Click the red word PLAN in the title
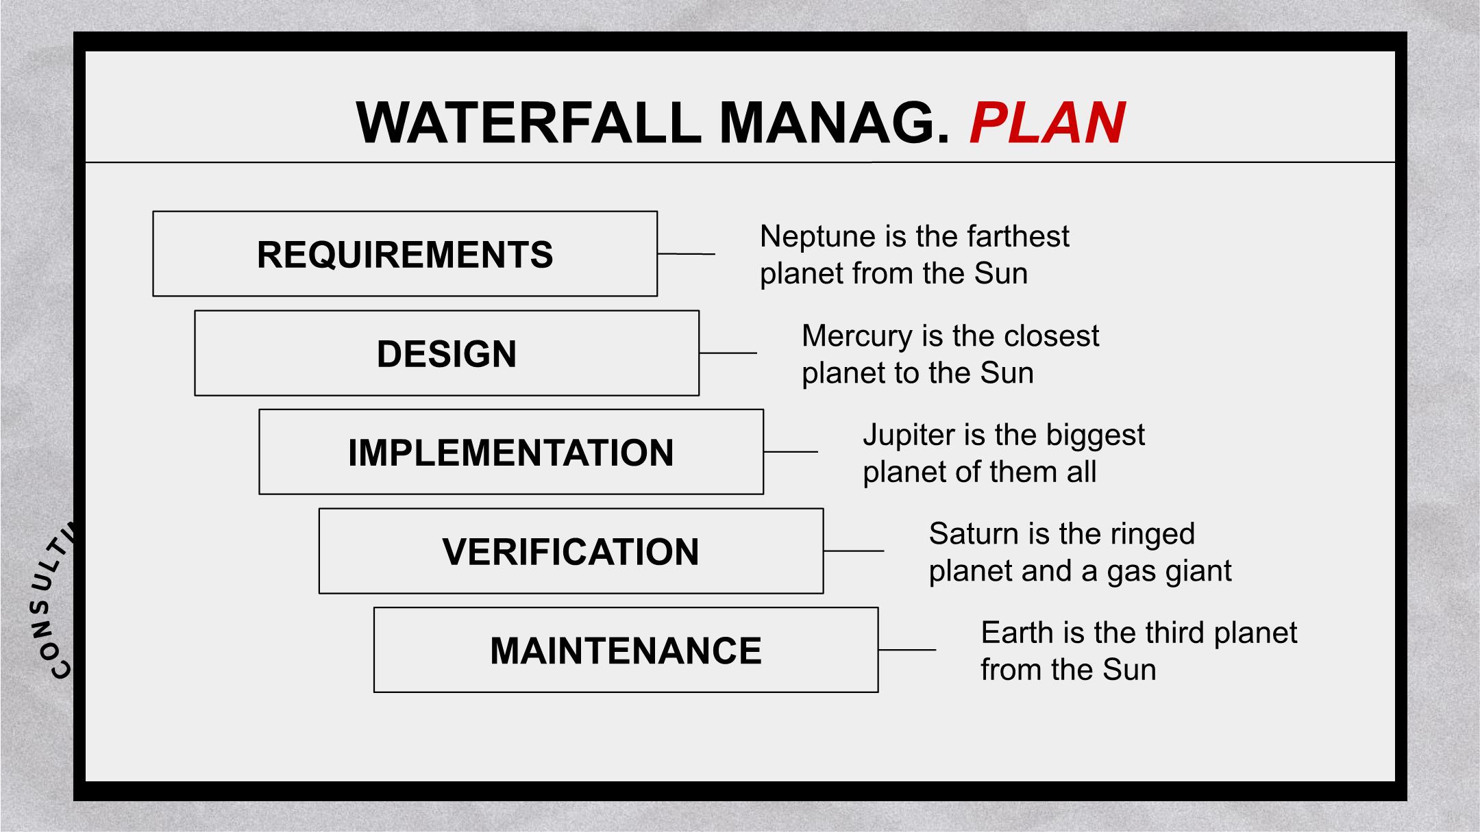tap(1048, 123)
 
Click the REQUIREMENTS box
tap(405, 253)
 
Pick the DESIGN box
tap(447, 353)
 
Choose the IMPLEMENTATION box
tap(511, 452)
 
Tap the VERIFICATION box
tap(571, 551)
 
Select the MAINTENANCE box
tap(626, 650)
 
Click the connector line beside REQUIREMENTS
tap(687, 254)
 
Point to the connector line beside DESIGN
tap(728, 353)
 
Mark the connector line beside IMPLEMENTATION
tap(791, 452)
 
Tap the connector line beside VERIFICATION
tap(854, 551)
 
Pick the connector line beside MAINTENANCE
tap(907, 650)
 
